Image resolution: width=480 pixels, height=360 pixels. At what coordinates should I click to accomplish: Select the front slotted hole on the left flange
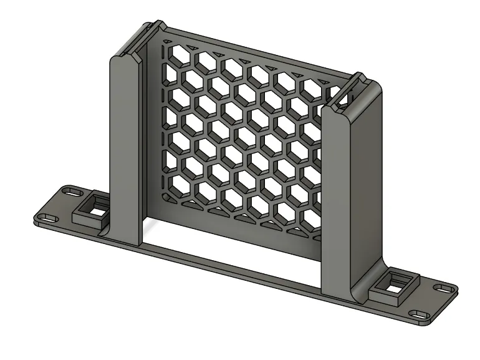point(47,218)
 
